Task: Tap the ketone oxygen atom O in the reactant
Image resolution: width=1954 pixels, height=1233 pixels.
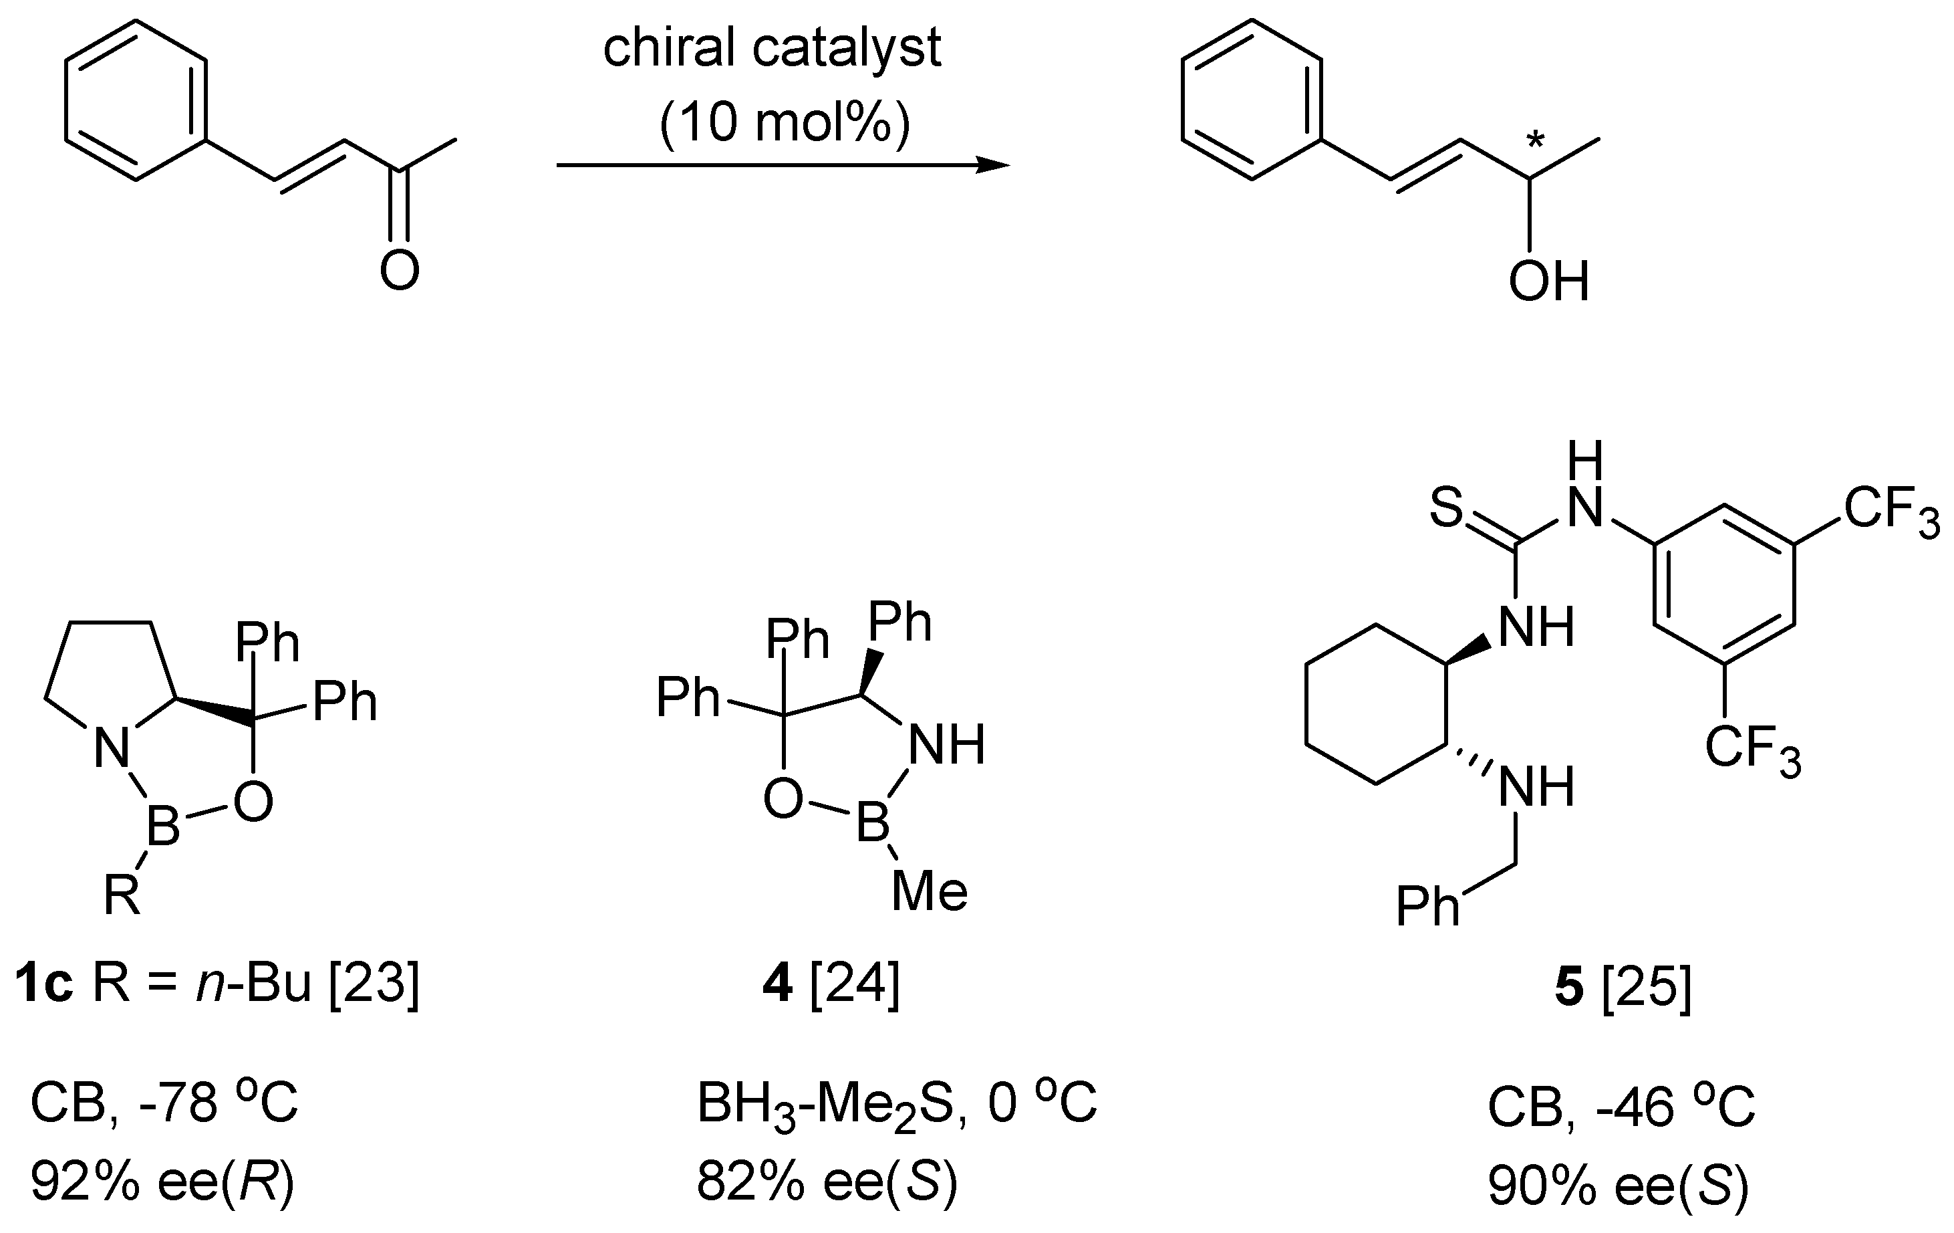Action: (399, 270)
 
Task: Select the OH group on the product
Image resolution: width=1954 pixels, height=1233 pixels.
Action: (1548, 282)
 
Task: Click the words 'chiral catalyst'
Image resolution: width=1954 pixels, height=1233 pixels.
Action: (772, 49)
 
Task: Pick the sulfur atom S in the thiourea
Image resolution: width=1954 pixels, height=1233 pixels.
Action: (1445, 508)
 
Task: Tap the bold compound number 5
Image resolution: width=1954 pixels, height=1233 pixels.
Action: (1568, 988)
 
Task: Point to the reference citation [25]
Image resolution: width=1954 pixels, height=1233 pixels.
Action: (1647, 988)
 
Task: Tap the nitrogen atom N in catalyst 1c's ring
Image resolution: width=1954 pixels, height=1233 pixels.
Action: (112, 747)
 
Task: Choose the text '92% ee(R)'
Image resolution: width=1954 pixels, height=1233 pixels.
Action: (162, 1183)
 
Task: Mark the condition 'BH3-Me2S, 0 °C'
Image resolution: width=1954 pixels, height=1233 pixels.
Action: (897, 1105)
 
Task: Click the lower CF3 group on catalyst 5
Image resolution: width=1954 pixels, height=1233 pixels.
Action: (1753, 749)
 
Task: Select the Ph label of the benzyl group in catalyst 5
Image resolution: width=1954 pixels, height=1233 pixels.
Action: (1427, 906)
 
